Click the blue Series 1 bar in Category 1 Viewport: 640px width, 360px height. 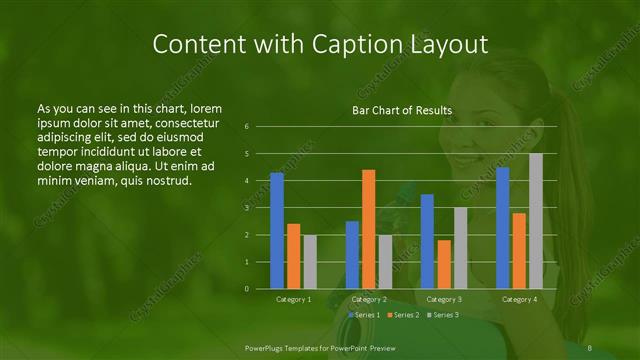point(277,231)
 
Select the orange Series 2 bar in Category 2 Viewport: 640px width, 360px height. point(369,229)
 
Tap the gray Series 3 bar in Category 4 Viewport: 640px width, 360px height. point(536,221)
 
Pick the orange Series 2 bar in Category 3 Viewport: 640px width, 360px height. point(444,264)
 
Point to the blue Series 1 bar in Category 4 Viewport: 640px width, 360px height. point(502,228)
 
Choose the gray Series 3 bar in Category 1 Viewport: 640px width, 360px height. point(310,262)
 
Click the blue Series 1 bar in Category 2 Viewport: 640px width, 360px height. point(352,255)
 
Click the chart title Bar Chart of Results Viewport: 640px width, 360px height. point(401,110)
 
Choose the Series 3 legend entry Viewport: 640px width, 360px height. point(444,315)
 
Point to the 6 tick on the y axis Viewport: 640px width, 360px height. point(247,127)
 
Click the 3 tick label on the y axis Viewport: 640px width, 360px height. point(247,208)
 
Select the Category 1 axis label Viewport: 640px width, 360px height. point(293,299)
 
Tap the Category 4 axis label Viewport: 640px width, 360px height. point(519,299)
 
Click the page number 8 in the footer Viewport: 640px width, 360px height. point(590,347)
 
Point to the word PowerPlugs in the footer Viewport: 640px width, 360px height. point(265,347)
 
